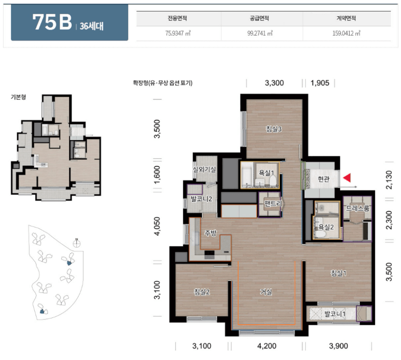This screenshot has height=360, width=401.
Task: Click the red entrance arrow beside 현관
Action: pyautogui.click(x=347, y=178)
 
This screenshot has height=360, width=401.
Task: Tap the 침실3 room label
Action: pyautogui.click(x=274, y=129)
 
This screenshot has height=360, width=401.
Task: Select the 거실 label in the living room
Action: pyautogui.click(x=266, y=292)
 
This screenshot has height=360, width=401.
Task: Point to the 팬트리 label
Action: pyautogui.click(x=273, y=204)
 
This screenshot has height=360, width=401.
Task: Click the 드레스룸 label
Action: pyautogui.click(x=358, y=208)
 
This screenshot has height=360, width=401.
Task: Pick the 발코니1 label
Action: pyautogui.click(x=335, y=314)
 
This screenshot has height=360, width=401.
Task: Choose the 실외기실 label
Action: pyautogui.click(x=204, y=170)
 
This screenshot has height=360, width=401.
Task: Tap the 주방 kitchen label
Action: pyautogui.click(x=210, y=233)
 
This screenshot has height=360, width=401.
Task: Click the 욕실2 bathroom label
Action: pyautogui.click(x=326, y=227)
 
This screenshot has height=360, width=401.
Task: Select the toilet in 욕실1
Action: pyautogui.click(x=273, y=181)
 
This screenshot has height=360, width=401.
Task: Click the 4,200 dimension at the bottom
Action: pyautogui.click(x=267, y=346)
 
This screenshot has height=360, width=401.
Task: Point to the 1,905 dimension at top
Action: pyautogui.click(x=320, y=83)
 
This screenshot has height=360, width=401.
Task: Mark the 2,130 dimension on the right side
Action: pyautogui.click(x=389, y=180)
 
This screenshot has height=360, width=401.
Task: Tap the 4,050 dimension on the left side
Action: pyautogui.click(x=157, y=226)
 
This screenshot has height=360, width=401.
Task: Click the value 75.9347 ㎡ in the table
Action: pyautogui.click(x=178, y=33)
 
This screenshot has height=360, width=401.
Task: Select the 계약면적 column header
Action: pyautogui.click(x=346, y=18)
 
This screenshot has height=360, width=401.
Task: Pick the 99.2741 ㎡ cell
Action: pyautogui.click(x=260, y=33)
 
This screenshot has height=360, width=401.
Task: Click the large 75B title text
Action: pyautogui.click(x=52, y=22)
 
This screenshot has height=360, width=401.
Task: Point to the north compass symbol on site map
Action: pyautogui.click(x=77, y=243)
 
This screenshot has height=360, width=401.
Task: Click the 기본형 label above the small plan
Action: pyautogui.click(x=18, y=97)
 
